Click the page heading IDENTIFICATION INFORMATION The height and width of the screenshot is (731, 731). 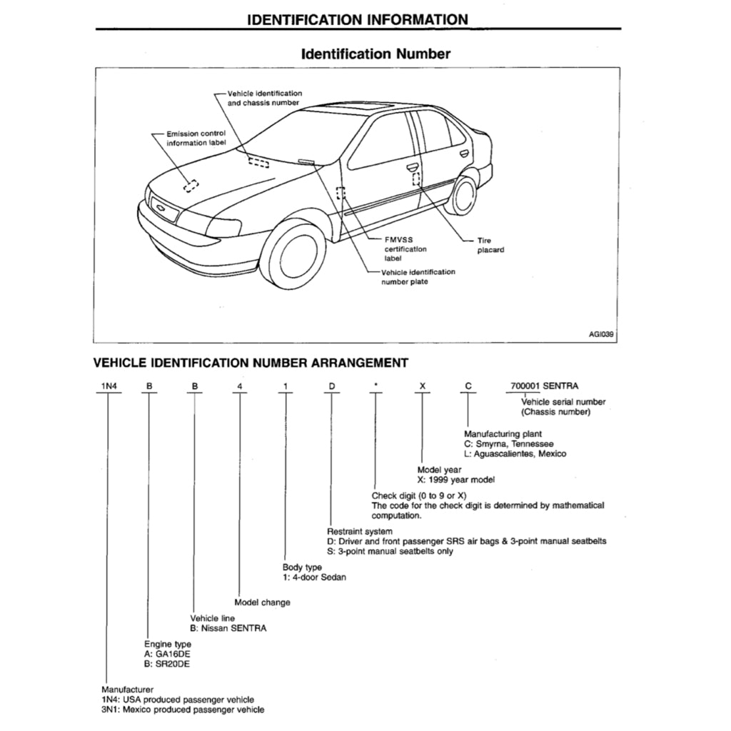coord(357,19)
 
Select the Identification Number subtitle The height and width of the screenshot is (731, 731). coord(375,54)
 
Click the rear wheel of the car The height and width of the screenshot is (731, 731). coord(464,196)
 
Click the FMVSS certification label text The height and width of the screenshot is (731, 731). coord(405,249)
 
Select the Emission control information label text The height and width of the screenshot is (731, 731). coord(196,138)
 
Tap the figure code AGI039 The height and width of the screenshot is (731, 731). coord(601,333)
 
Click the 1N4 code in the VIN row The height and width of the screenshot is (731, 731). coord(108,386)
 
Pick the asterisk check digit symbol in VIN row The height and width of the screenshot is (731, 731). coord(375,386)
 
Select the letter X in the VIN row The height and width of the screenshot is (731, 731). coord(423,386)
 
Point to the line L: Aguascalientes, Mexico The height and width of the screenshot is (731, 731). coord(515,454)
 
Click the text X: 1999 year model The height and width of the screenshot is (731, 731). coord(456,480)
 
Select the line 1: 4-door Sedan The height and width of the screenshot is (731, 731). coord(314,577)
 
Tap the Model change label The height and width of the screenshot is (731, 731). coord(262,603)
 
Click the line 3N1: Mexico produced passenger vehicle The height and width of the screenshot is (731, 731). coord(183,710)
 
